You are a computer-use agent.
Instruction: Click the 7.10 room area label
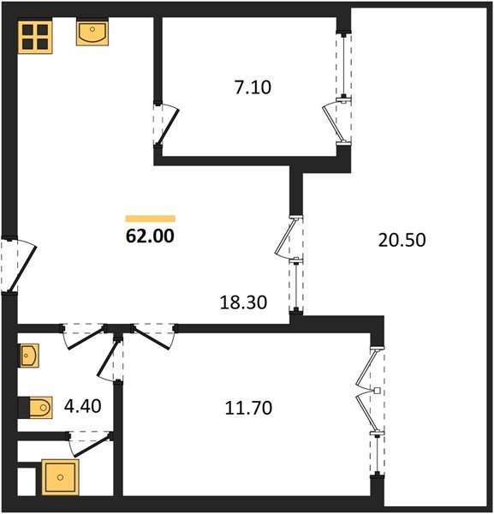coord(253,88)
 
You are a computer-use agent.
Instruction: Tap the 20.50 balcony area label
coord(402,240)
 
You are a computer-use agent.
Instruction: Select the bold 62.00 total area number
coord(150,236)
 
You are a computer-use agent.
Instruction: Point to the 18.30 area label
coord(243,302)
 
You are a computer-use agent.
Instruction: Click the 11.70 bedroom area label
coord(248,408)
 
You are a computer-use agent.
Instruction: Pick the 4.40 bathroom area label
coord(82,406)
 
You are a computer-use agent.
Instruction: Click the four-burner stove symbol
coord(35,37)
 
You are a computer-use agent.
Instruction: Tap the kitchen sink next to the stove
coord(92,33)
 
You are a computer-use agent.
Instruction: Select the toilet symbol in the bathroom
coord(39,408)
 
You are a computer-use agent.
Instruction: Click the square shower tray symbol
coord(60,477)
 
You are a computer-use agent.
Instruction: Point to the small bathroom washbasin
coord(29,356)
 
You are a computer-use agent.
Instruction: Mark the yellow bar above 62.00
coord(151,218)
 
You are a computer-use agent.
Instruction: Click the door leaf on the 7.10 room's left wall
coord(169,127)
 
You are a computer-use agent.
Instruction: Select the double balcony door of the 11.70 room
coord(366,391)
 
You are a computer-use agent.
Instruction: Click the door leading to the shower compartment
coord(91,445)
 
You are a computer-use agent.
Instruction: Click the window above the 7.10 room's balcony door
coord(343,66)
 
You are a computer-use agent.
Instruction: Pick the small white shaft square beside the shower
coord(27,481)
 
